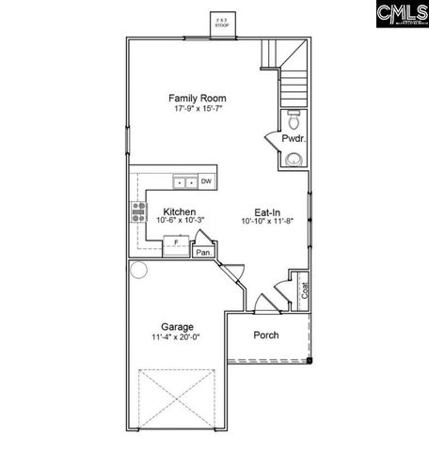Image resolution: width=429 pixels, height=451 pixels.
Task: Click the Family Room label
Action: click(x=197, y=98)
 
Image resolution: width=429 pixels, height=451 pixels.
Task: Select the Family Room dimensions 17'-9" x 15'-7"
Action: click(x=197, y=109)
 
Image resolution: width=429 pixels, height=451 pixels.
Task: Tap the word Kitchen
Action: click(x=179, y=212)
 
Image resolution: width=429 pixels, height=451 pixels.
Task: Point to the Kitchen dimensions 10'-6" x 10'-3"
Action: click(x=179, y=223)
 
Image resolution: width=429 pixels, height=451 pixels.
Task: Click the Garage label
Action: click(x=176, y=327)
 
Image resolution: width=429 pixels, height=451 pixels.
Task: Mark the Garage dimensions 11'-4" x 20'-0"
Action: click(x=176, y=338)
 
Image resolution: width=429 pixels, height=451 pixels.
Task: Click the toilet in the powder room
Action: click(x=294, y=119)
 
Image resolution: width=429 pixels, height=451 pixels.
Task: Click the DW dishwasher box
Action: click(x=206, y=182)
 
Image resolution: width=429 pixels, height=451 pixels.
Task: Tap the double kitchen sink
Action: click(x=183, y=182)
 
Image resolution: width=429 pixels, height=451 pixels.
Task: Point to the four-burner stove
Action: click(x=137, y=211)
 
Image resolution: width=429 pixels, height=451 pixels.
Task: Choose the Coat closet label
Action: click(x=303, y=292)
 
